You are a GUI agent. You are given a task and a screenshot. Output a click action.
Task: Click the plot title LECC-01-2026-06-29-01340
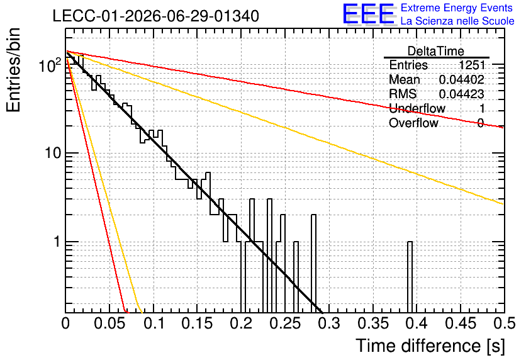click(155, 16)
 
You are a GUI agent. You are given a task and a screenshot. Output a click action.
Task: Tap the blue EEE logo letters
click(369, 14)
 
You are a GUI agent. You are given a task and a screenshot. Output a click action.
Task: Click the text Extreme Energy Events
click(457, 8)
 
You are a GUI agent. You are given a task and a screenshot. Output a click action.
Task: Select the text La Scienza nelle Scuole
click(457, 21)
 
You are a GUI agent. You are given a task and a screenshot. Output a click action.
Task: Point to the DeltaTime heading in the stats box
click(436, 51)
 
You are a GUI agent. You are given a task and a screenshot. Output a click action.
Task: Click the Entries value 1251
click(472, 65)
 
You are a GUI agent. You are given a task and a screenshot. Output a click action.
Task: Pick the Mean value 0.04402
click(462, 79)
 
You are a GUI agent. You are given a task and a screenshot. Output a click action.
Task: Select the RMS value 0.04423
click(462, 94)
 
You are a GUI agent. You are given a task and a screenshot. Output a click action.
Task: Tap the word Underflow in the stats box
click(417, 108)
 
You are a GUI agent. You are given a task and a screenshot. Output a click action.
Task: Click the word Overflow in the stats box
click(413, 123)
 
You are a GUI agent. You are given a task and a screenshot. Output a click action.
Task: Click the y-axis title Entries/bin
click(13, 70)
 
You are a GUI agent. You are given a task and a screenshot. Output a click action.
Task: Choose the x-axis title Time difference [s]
click(430, 346)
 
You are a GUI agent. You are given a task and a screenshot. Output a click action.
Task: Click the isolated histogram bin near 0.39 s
click(410, 277)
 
